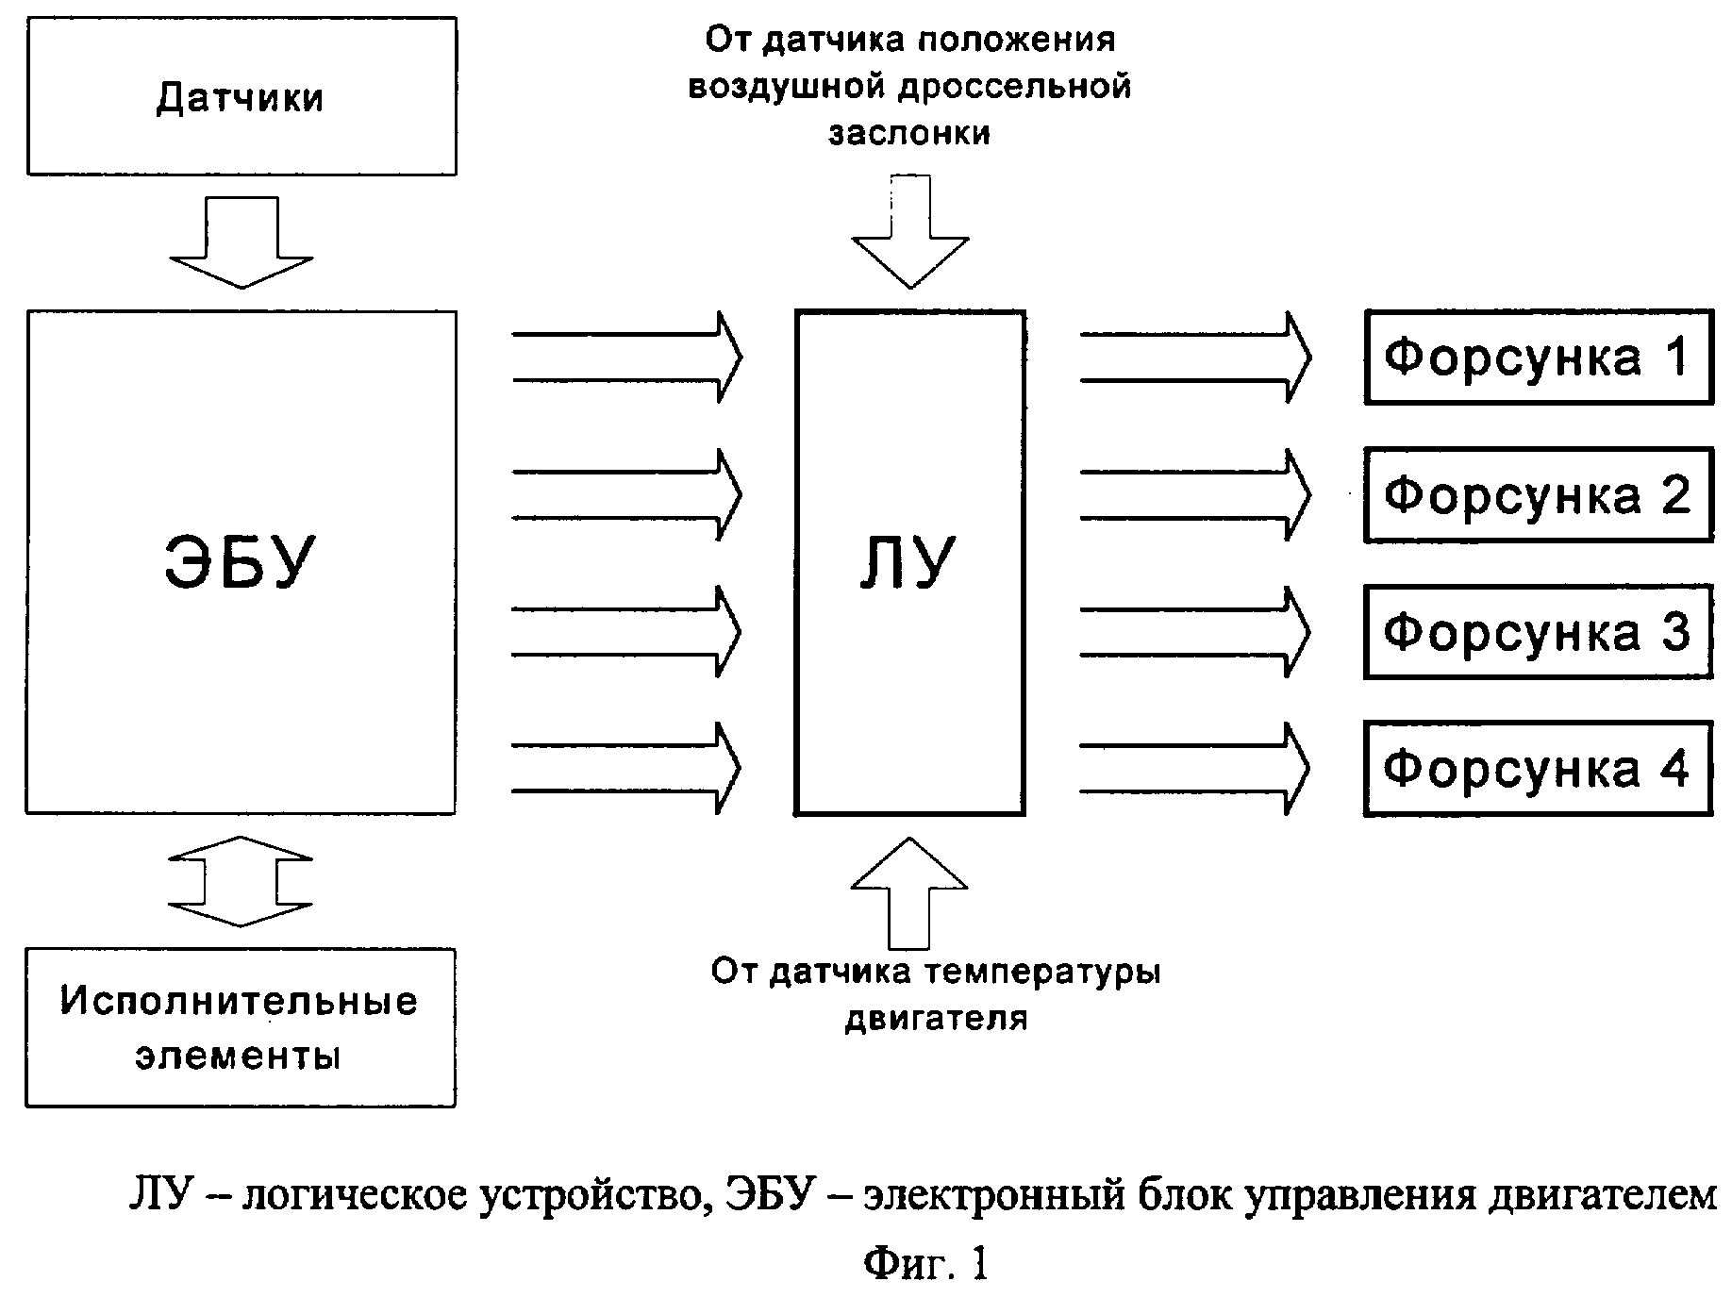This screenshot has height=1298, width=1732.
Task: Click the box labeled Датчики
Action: tap(241, 96)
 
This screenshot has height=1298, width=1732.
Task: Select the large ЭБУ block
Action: tap(241, 562)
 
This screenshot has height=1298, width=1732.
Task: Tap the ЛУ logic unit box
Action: tap(909, 562)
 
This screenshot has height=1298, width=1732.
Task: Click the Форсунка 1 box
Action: tap(1538, 358)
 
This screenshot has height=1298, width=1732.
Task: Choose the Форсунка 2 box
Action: tap(1538, 495)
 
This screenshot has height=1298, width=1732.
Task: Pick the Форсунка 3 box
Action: tap(1538, 632)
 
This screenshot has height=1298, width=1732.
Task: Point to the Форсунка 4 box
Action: tap(1538, 769)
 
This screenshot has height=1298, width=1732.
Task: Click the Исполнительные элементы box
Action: tap(240, 1027)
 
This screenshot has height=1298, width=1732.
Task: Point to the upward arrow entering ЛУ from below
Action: tap(909, 892)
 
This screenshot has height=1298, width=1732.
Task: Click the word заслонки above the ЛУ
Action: tap(909, 133)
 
